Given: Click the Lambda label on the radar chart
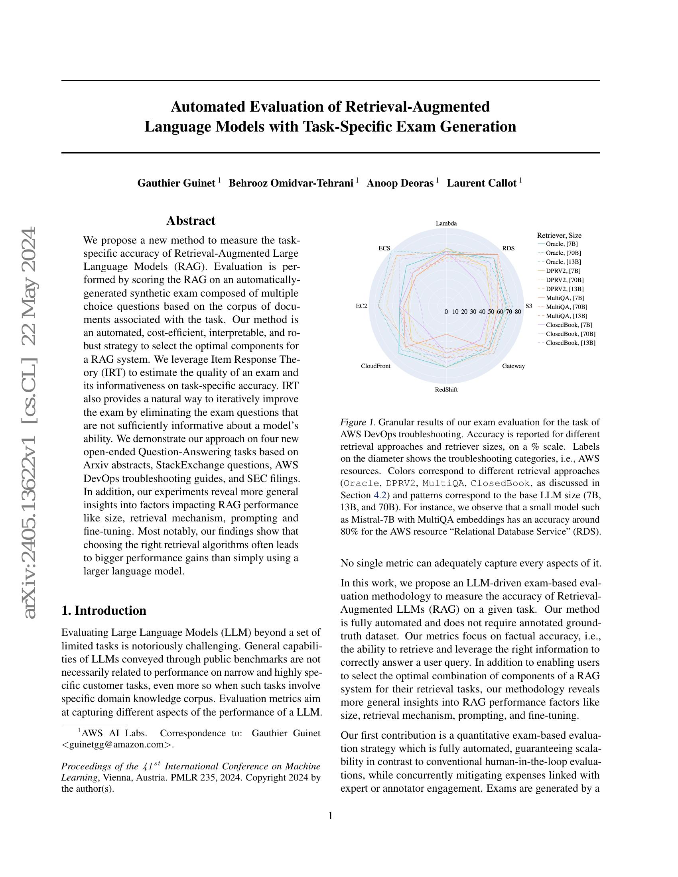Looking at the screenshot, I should pos(446,224).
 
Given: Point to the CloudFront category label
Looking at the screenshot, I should pos(375,366).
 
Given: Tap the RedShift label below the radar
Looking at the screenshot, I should pos(446,389).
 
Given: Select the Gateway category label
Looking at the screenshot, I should pos(513,366).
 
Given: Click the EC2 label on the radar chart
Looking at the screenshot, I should pos(361,306).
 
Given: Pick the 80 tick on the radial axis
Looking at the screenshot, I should pos(518,312).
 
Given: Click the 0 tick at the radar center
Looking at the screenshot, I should pos(446,312).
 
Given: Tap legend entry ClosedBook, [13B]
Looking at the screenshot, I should pos(570,343).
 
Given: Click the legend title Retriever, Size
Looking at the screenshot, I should pos(559,236).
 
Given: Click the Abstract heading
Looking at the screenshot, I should pos(191,221).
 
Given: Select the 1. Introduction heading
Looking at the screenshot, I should pos(104,610).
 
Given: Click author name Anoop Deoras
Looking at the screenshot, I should pos(400,183).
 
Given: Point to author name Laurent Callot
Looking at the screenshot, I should pos(482,183).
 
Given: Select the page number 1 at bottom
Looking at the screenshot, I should pos(331,816).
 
